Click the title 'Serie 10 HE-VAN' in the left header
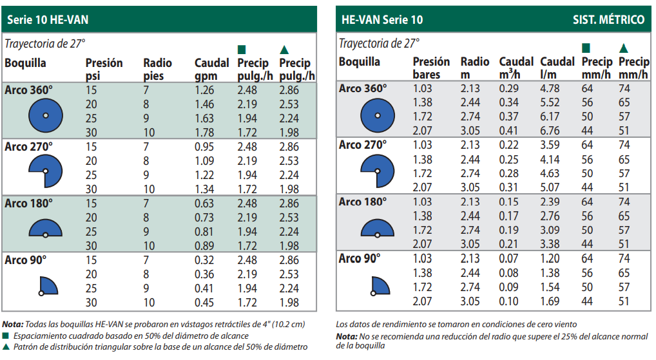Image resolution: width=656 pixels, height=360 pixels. click(x=47, y=20)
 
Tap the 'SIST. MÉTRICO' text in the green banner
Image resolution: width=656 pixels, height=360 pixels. click(x=608, y=20)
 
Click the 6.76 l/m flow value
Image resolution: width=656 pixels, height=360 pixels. click(x=550, y=131)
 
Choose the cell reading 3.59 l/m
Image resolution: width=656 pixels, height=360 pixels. click(x=550, y=145)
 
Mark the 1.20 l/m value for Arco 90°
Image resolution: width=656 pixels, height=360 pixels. click(x=550, y=258)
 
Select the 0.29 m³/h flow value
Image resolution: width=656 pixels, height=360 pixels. click(x=509, y=88)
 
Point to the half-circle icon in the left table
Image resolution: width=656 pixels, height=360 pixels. click(x=45, y=229)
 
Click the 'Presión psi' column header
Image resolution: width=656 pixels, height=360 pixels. click(x=104, y=69)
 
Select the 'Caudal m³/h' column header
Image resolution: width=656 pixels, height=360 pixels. click(x=516, y=68)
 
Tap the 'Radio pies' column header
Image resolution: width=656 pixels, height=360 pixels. click(x=157, y=69)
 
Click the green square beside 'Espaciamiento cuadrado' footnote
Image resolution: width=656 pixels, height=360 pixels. click(x=6, y=336)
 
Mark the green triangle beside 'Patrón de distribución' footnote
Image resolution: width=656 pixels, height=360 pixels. click(x=6, y=347)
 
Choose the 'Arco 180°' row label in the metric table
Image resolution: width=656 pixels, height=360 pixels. click(x=363, y=202)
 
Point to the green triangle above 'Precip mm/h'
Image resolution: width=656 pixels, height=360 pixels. click(x=622, y=48)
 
